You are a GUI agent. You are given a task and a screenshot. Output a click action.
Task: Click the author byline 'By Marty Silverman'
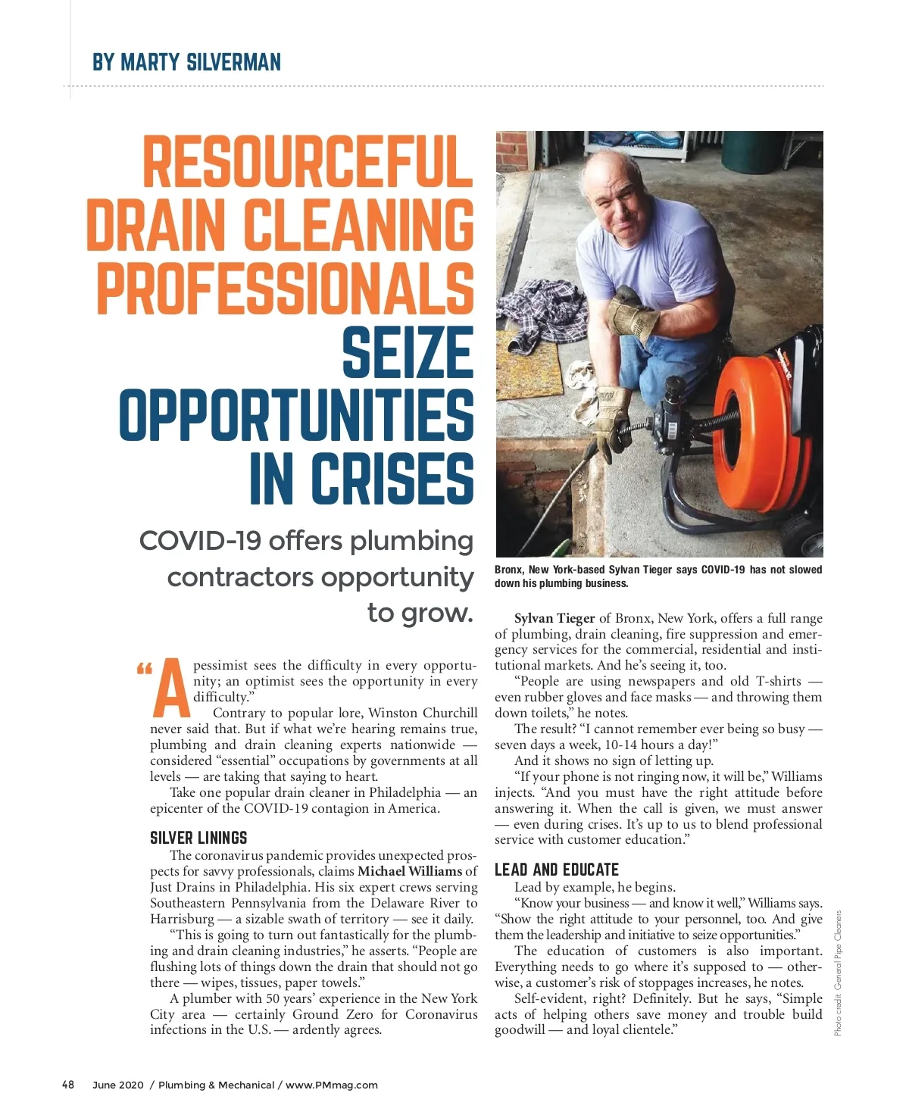tap(186, 62)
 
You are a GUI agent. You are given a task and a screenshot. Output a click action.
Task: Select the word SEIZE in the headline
tap(408, 352)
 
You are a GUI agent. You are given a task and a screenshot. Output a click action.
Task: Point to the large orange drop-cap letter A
tap(171, 688)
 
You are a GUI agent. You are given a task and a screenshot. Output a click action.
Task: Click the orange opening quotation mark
tap(144, 670)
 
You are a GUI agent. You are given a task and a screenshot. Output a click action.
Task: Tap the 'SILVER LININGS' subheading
tap(198, 838)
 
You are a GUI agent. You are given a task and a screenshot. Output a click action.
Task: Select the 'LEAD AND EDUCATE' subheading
tap(557, 870)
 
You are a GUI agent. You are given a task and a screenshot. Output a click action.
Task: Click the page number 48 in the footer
tap(68, 1085)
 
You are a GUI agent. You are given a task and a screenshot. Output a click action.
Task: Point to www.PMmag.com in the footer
tap(332, 1085)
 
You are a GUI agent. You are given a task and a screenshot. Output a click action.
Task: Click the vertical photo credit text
tap(838, 973)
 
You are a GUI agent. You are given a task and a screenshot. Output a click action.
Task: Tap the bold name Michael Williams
tap(409, 871)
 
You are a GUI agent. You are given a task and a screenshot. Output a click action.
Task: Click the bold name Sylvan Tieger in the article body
tap(554, 618)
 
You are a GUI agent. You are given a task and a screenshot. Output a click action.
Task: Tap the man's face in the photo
tap(611, 198)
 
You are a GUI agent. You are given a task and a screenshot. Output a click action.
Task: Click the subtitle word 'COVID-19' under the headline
tap(200, 541)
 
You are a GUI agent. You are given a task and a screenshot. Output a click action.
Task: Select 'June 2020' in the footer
tap(117, 1085)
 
